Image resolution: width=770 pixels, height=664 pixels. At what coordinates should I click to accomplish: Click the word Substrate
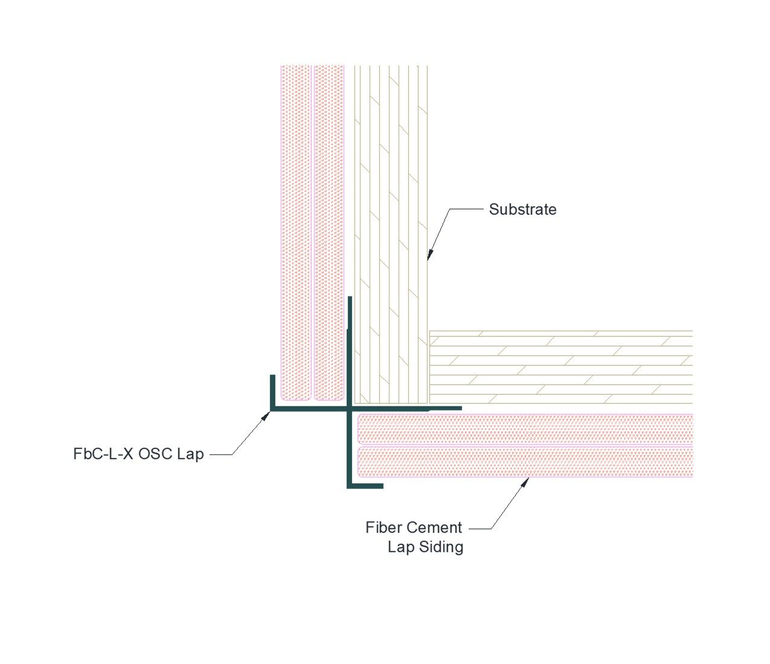[522, 209]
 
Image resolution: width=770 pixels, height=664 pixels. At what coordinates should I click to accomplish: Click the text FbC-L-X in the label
[103, 454]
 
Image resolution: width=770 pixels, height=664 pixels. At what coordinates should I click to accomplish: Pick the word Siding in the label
[441, 547]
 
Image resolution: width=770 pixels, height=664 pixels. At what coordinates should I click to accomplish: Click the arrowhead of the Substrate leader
[430, 254]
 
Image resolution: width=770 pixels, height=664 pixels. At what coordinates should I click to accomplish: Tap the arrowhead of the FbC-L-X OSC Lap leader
[265, 416]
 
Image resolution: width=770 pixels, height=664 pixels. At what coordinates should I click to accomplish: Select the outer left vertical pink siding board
[296, 233]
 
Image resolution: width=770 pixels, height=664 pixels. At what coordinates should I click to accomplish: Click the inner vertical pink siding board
[329, 233]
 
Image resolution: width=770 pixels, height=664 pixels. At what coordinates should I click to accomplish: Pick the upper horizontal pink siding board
[525, 429]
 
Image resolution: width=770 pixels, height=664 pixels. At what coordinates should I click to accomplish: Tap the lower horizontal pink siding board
[525, 462]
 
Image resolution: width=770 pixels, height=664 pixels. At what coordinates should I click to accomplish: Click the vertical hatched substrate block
[391, 235]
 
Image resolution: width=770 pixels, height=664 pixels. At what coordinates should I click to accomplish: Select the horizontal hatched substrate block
[561, 367]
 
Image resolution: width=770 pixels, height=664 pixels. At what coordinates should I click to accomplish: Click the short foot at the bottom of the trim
[365, 486]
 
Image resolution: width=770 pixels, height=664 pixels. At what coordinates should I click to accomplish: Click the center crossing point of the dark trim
[350, 409]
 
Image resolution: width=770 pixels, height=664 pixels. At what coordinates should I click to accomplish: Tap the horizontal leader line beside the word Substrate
[466, 209]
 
